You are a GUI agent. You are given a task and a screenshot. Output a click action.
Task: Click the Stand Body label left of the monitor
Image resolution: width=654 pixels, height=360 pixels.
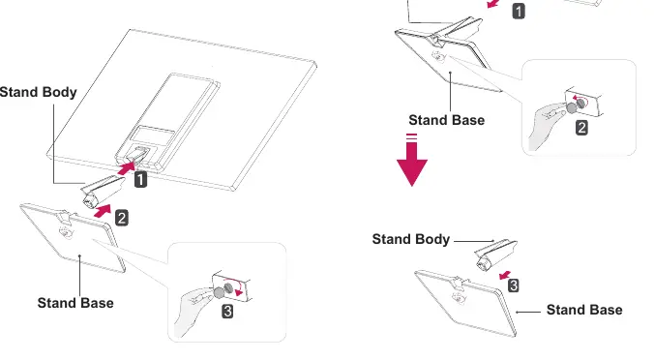38,92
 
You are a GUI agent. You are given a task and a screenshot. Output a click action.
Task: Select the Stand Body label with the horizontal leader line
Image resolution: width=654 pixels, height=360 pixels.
411,239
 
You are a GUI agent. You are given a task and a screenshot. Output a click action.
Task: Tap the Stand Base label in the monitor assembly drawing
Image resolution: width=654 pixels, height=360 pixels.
75,303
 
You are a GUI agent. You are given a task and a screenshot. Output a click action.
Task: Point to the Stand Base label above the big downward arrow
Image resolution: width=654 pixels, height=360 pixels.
447,120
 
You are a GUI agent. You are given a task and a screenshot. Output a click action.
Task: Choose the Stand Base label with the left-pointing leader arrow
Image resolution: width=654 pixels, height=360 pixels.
584,310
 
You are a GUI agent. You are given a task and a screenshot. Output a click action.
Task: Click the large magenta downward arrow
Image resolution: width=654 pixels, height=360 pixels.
412,160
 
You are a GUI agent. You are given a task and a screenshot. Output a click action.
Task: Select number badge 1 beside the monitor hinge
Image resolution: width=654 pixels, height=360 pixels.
140,180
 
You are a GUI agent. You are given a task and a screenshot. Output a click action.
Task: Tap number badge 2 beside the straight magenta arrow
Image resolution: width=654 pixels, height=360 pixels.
121,218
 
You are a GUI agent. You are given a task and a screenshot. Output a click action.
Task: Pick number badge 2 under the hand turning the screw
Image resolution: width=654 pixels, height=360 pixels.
581,128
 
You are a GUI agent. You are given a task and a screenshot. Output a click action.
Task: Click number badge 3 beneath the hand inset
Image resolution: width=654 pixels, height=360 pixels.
227,312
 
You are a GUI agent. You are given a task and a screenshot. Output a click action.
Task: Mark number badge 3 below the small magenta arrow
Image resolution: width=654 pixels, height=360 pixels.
514,285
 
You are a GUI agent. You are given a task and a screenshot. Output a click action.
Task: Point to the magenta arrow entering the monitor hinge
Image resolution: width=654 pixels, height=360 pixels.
127,167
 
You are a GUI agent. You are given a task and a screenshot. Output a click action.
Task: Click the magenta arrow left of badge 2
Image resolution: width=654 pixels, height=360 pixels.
103,211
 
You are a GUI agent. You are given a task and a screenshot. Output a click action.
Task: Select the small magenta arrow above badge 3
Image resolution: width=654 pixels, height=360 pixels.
505,275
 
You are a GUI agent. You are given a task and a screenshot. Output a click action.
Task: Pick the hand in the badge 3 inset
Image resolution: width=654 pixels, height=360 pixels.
194,309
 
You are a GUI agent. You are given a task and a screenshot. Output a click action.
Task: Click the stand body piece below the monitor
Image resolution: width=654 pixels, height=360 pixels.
103,191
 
